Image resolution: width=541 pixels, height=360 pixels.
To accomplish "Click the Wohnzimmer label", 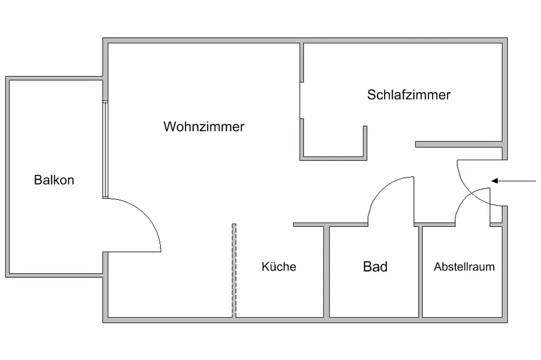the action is pos(204,127).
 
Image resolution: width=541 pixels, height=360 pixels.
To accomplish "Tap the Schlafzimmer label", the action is pos(408,95).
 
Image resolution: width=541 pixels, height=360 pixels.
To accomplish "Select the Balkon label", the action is pos(54,180).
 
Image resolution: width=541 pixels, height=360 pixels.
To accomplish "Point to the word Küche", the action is pos(279,266).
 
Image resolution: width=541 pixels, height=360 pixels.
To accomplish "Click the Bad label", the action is pos(375,266).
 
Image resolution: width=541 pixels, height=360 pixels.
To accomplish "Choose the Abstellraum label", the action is pos(464,267).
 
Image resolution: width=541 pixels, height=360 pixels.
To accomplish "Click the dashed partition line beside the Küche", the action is pos(234,271).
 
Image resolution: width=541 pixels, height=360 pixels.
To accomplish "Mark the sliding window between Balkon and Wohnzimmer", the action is pos(105,149).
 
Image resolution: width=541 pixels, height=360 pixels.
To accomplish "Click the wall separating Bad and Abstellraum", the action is pos(420,271).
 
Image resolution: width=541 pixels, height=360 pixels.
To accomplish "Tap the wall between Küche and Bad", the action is pos(327,271).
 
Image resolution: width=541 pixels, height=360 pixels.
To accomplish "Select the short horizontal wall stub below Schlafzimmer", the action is pos(460,145).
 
